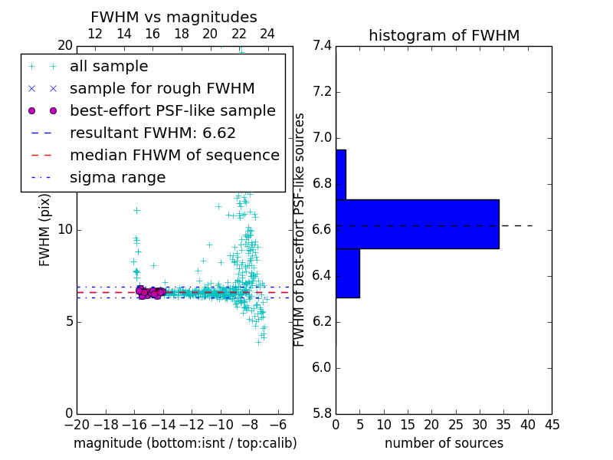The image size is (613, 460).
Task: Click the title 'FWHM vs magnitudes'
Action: (x=174, y=18)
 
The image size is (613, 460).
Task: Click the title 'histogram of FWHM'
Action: (x=444, y=35)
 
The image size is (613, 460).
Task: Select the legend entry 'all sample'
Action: (x=109, y=67)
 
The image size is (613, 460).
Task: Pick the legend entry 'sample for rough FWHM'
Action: (x=162, y=89)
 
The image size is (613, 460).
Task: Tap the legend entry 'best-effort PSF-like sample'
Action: (x=172, y=111)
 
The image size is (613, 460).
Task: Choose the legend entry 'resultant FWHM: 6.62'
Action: (x=152, y=133)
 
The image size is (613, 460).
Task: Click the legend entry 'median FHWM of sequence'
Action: (x=174, y=156)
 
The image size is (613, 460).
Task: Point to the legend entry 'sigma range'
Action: (x=117, y=178)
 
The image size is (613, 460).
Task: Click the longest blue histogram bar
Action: (x=418, y=224)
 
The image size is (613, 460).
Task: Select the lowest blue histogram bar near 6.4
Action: (x=348, y=273)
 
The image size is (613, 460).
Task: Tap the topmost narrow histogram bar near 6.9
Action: (x=341, y=174)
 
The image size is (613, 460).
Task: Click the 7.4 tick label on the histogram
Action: (x=322, y=46)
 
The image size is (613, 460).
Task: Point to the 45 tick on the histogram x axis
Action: (x=551, y=426)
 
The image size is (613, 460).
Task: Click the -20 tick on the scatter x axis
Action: (x=77, y=426)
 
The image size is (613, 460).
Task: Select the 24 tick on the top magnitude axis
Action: (x=267, y=34)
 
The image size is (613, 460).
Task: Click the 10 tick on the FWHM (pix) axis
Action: (x=64, y=230)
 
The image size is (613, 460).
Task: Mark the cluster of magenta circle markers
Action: (x=150, y=292)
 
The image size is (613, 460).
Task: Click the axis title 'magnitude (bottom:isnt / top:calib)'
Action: (x=185, y=443)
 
